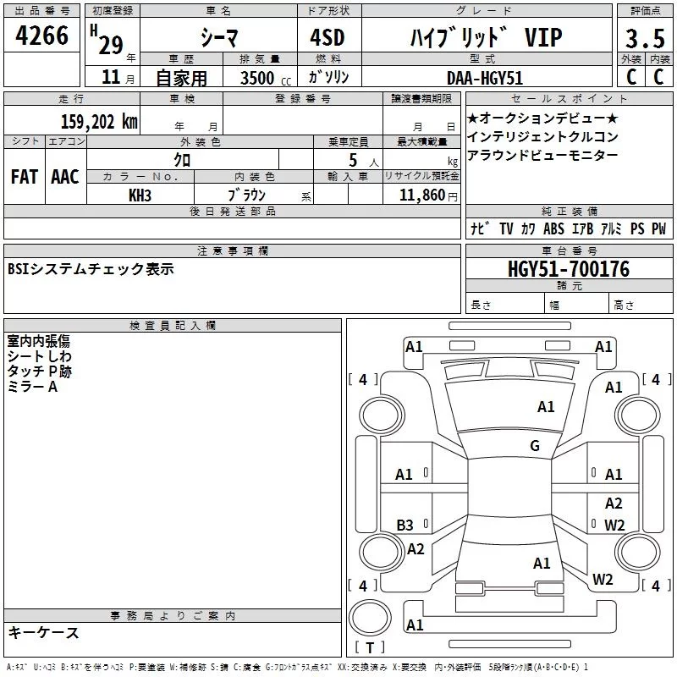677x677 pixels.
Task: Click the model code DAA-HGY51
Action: (485, 76)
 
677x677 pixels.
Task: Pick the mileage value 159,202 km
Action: (99, 120)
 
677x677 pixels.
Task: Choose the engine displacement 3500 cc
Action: (259, 77)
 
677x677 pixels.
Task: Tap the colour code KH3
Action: (140, 194)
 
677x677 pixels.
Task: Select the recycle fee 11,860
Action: (426, 195)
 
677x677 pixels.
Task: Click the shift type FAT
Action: (25, 177)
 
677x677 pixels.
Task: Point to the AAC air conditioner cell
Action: (65, 177)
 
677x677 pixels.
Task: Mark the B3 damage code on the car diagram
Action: (405, 526)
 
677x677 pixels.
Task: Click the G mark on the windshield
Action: (535, 446)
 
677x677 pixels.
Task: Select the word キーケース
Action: (43, 633)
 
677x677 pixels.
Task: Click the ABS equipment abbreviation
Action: (553, 228)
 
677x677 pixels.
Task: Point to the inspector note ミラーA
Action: (32, 387)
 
